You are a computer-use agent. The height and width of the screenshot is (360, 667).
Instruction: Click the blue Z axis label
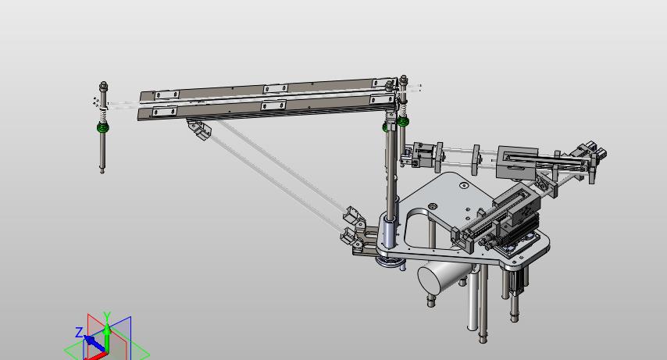(x=79, y=333)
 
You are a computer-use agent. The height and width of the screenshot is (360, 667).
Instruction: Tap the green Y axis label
(x=107, y=315)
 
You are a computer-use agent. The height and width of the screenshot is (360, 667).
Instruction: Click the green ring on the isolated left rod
(x=102, y=127)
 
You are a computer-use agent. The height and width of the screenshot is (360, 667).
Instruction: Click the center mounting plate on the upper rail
(x=276, y=88)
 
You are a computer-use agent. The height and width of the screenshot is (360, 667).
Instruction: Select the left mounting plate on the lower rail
(x=165, y=112)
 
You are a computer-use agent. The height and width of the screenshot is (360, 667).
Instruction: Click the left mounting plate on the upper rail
(x=167, y=94)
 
